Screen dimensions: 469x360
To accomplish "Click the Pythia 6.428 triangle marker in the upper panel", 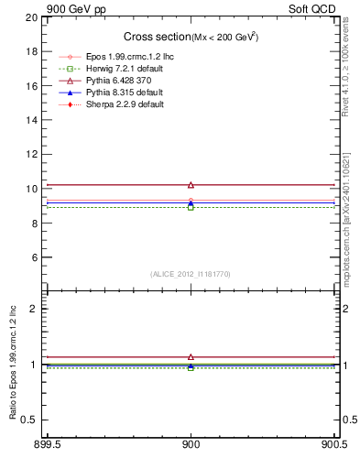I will pos(191,185).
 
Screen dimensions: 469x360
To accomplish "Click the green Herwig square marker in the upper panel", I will pos(191,207).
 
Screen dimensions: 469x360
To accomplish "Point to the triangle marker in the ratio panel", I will pos(191,356).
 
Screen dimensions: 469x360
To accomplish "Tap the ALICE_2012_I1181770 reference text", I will pos(191,274).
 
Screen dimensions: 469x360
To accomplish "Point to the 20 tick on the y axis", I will pos(32,17).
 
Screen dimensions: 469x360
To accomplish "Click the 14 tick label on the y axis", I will pos(32,120).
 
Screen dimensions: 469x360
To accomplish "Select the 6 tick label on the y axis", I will pos(35,257).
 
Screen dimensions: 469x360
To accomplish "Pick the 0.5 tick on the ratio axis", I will pos(30,420).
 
